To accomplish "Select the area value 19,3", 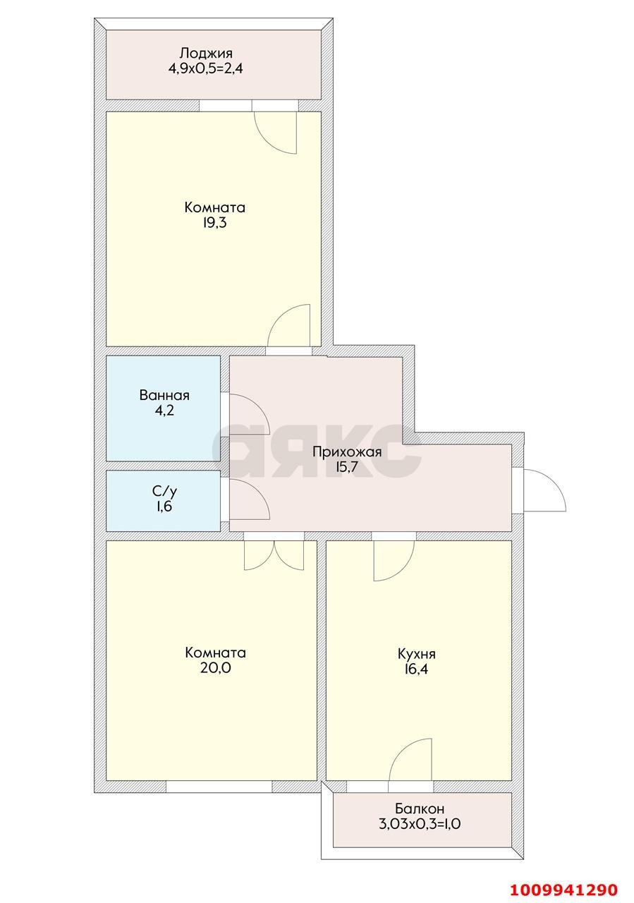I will [x=214, y=224].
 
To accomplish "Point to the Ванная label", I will [x=164, y=395].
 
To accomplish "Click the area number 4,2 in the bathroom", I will [x=164, y=411].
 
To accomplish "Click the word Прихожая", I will [x=347, y=452].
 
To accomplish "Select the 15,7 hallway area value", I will [x=347, y=468].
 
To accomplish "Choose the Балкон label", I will [x=420, y=808].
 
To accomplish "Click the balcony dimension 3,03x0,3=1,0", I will [x=420, y=824].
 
